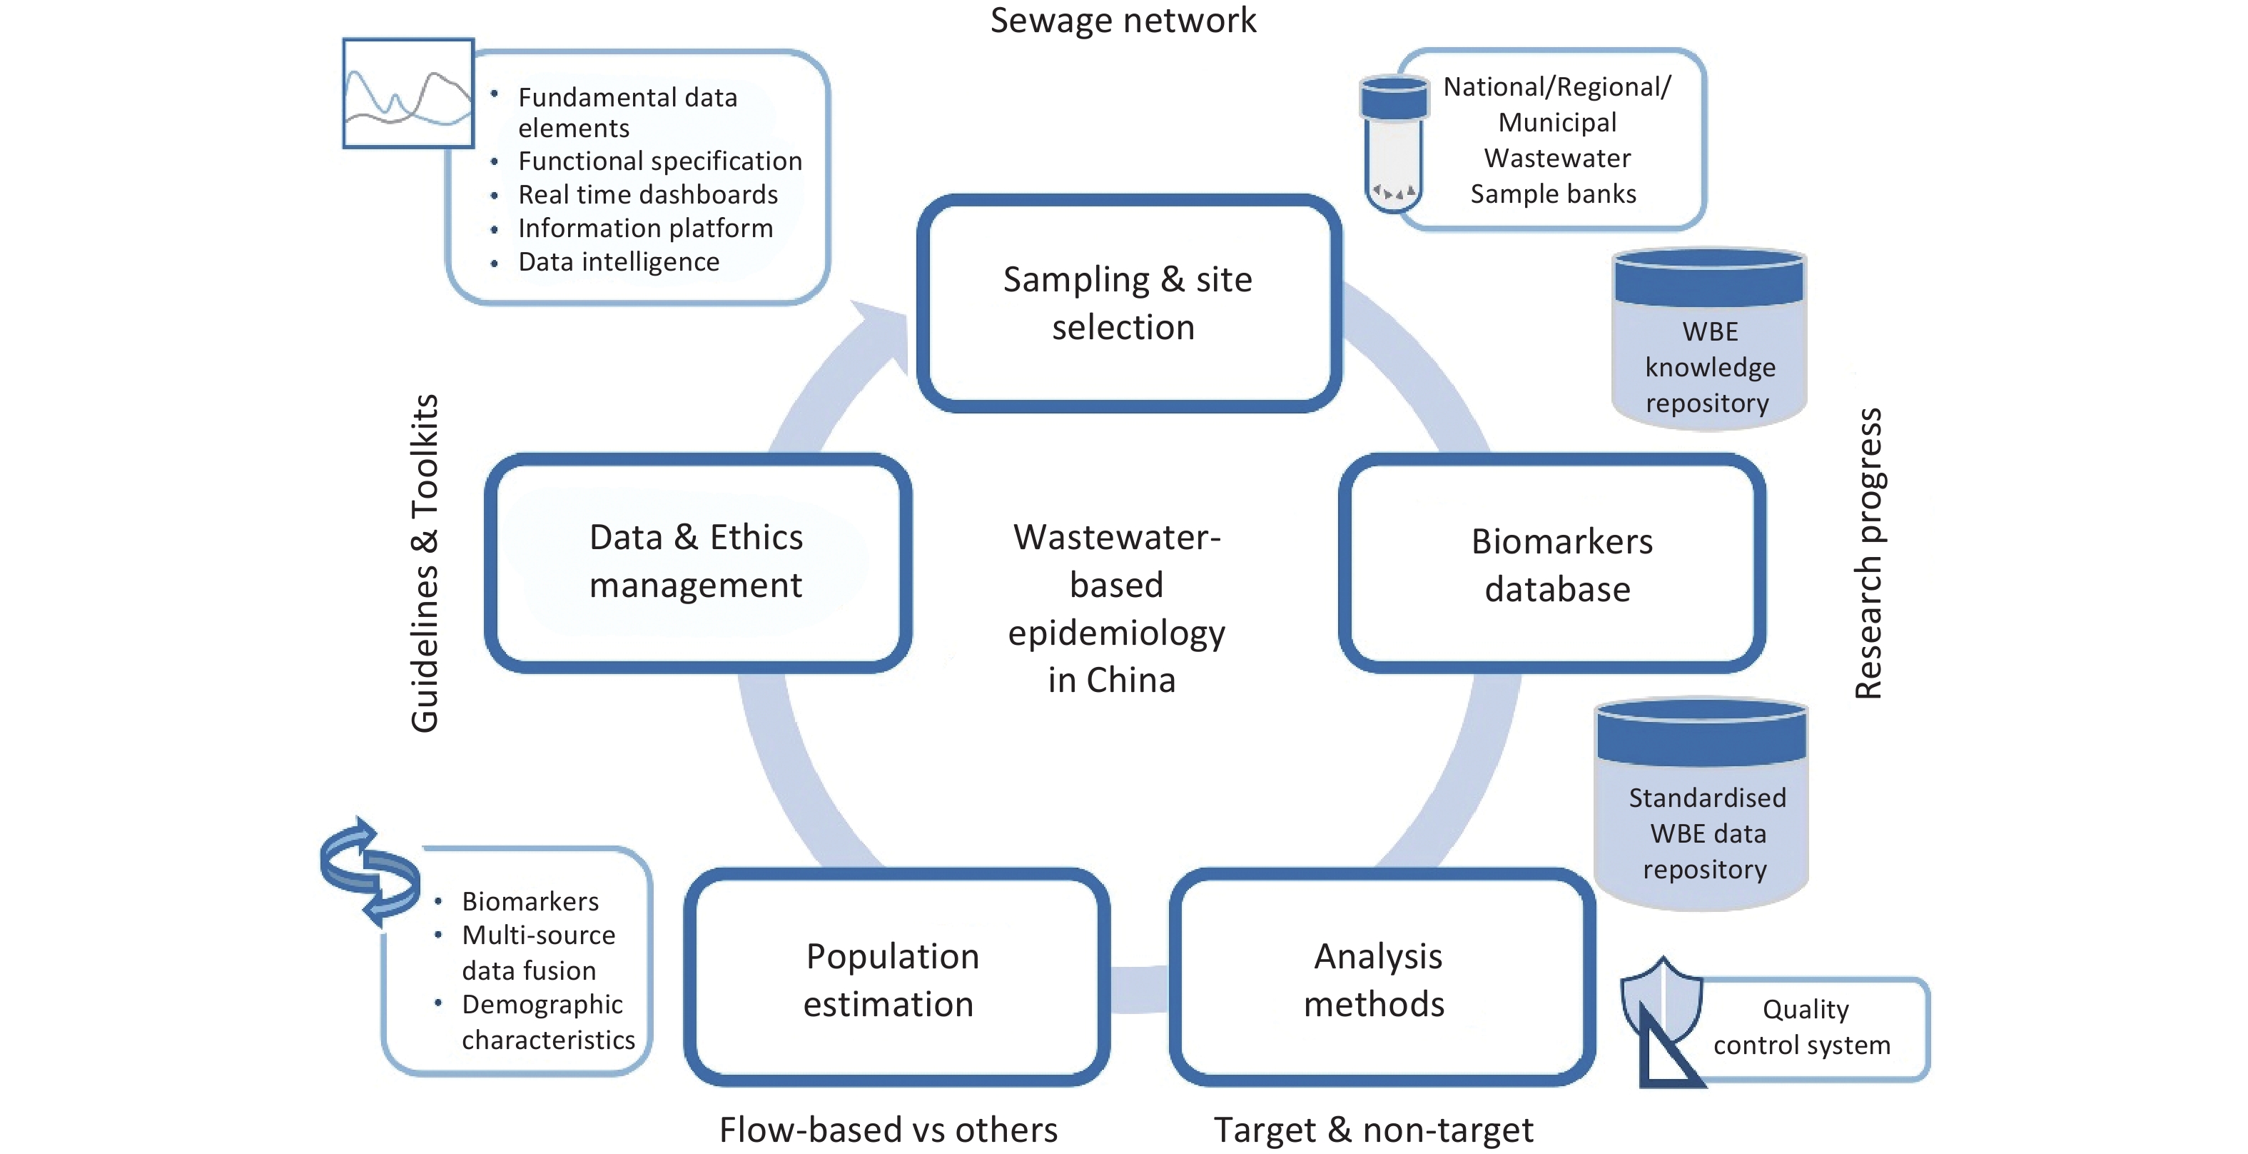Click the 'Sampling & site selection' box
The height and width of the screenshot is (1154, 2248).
point(1128,303)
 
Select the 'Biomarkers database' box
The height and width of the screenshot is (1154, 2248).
point(1551,564)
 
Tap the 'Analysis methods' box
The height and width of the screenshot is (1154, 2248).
point(1382,978)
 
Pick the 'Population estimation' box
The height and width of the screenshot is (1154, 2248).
point(896,978)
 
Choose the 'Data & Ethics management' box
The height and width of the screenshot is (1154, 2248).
point(697,562)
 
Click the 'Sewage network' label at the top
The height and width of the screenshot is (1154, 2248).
point(1123,20)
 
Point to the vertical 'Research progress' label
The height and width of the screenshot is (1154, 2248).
point(1868,553)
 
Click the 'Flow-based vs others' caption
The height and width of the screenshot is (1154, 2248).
point(888,1130)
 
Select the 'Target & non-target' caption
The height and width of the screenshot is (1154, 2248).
point(1374,1130)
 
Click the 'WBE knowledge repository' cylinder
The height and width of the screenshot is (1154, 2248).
point(1708,341)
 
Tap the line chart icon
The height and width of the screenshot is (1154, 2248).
point(408,94)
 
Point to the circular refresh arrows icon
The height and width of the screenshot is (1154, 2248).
point(370,871)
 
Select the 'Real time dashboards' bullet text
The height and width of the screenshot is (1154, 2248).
point(647,195)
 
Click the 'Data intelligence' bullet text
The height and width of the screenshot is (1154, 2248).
point(619,262)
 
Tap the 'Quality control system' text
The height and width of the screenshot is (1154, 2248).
point(1803,1027)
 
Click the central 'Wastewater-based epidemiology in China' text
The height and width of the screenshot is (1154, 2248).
point(1116,608)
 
